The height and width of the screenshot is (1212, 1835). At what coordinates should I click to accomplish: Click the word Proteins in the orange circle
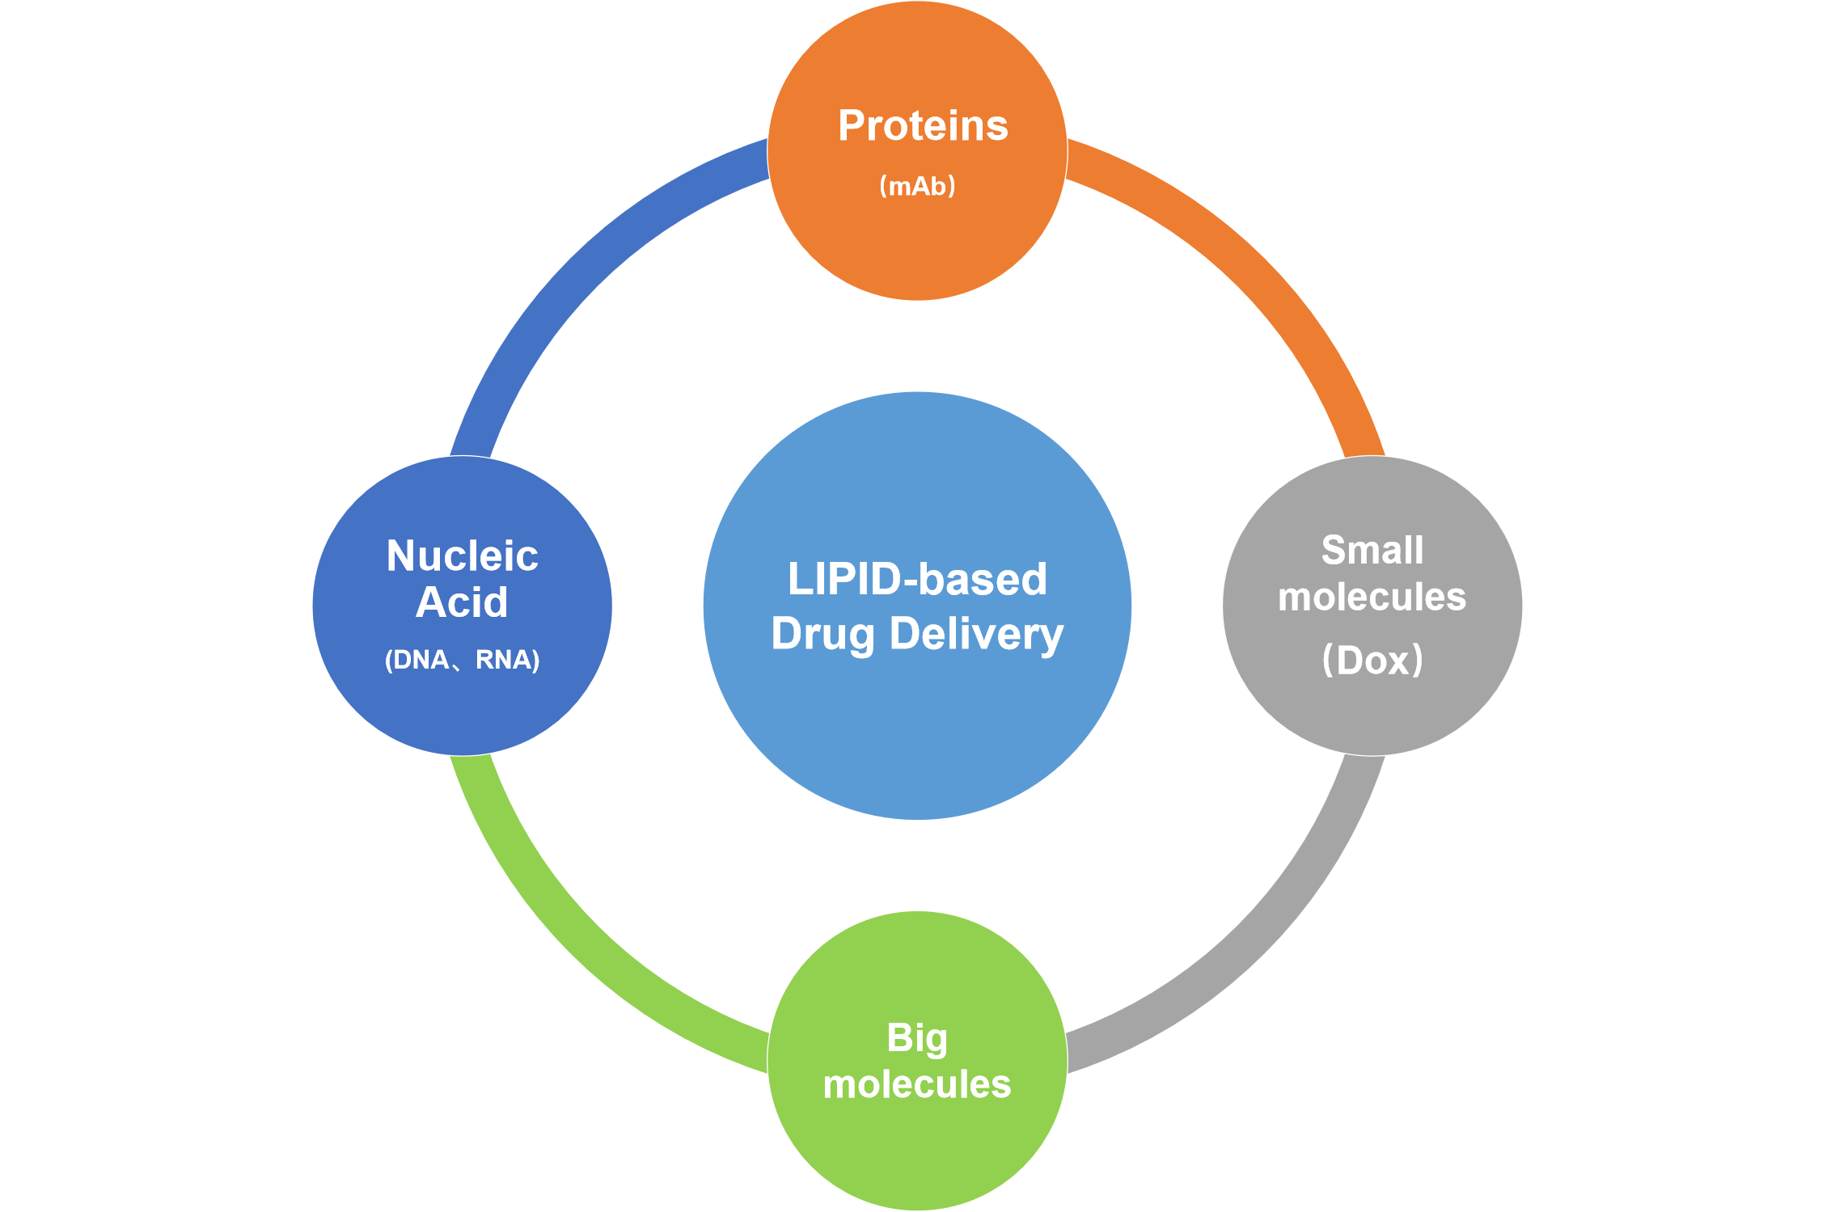coord(923,126)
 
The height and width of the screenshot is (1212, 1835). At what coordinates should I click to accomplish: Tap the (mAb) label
coord(917,186)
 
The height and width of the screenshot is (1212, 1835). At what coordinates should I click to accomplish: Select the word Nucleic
coord(462,556)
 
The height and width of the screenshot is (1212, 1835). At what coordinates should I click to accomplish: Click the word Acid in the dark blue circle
coord(462,602)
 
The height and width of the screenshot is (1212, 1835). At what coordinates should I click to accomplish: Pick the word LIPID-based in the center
coord(917,579)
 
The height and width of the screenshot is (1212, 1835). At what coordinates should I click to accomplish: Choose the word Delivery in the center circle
coord(976,634)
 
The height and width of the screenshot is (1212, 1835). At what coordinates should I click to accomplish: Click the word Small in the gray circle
coord(1372,551)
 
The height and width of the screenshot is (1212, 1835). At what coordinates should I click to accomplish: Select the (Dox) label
coord(1372,660)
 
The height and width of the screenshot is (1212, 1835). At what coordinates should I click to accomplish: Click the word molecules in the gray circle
coord(1372,598)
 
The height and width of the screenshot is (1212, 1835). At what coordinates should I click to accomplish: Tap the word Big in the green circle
coord(917,1038)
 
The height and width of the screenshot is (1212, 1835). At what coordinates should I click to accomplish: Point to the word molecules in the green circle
coord(917,1084)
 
